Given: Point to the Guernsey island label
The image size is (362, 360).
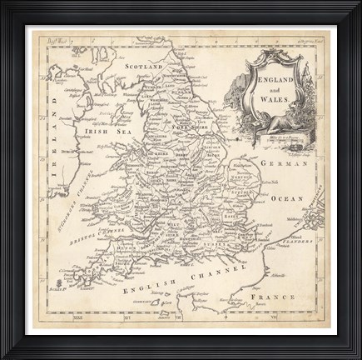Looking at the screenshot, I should pyautogui.click(x=164, y=310).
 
